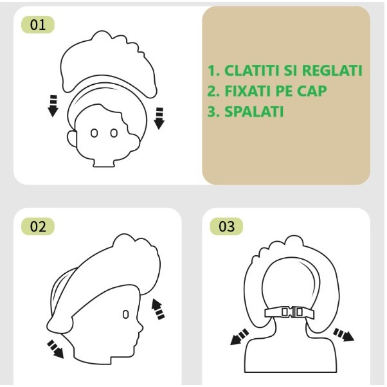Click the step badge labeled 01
tap(38, 24)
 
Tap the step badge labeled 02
tap(38, 226)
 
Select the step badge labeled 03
tap(226, 226)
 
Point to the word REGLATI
tap(332, 70)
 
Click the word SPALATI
tap(254, 112)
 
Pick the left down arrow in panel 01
tap(53, 105)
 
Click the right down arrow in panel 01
tap(159, 118)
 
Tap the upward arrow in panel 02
tap(157, 309)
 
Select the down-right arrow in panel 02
tap(56, 348)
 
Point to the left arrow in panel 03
tap(239, 337)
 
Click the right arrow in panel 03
tap(343, 335)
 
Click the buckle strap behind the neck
tap(289, 312)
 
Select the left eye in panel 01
tap(94, 133)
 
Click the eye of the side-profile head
tap(125, 314)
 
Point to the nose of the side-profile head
tap(141, 327)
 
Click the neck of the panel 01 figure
tap(104, 163)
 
